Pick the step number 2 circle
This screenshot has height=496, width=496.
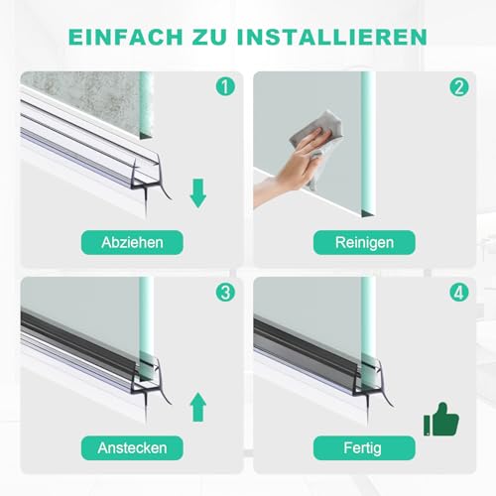(457, 86)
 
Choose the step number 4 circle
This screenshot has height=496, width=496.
(457, 292)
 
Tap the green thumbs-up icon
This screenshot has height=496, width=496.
(442, 420)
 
